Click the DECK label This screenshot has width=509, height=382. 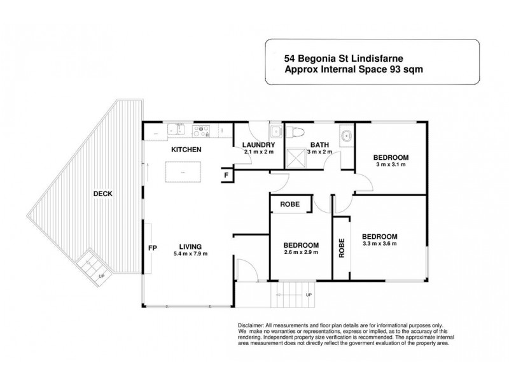pos(102,194)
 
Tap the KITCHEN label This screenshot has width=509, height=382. pos(186,150)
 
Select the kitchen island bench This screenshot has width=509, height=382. pos(183,172)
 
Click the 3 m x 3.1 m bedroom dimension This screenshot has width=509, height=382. pos(390,165)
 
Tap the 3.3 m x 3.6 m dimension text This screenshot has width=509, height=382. pos(379,243)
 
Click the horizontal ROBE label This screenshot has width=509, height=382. pos(290,205)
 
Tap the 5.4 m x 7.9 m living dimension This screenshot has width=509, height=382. pos(190,253)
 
